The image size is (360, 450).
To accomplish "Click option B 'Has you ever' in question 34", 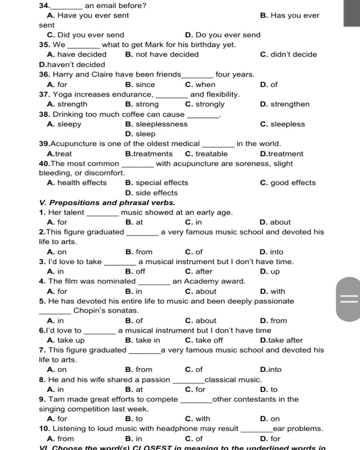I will coord(290,15).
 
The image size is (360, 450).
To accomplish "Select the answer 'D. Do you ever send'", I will coord(223,35).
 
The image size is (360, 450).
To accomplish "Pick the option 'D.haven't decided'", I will coord(72,65).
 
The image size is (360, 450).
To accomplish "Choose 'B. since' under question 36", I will coord(140,84).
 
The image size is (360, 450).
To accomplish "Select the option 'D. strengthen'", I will coord(285,104).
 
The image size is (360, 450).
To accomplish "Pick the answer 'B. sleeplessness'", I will coord(156,124).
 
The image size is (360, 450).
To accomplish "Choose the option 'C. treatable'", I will coord(206,154).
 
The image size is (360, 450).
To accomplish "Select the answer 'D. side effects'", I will coord(151,193).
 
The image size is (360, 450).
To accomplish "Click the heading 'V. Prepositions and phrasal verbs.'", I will coord(107,202).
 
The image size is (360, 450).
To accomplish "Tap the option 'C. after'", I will coord(199,271).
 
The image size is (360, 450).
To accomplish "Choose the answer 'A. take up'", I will coord(66,340).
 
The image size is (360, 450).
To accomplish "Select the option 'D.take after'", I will coord(281,340).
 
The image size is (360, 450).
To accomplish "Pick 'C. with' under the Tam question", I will coord(197,419).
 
